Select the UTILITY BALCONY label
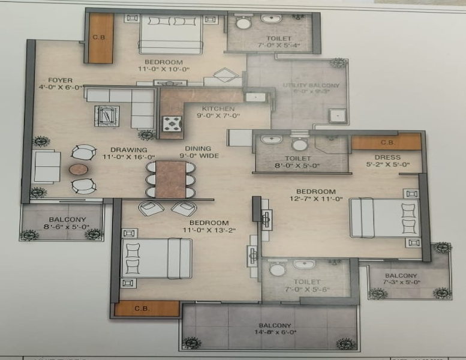point(311,88)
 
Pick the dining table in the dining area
point(170,179)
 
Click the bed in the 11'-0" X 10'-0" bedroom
point(172,34)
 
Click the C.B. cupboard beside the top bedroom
point(100,38)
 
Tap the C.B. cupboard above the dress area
point(386,142)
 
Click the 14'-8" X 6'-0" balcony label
point(269,329)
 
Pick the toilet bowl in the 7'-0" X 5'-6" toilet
point(277,269)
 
